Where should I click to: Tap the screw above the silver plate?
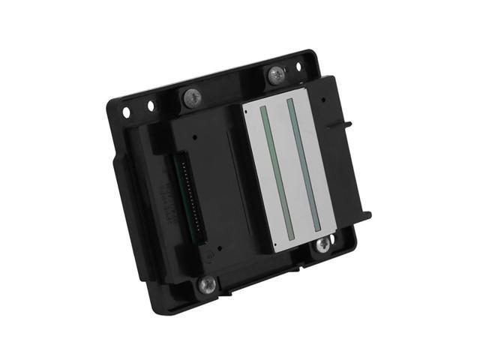tap(276, 74)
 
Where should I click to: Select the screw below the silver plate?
tap(322, 243)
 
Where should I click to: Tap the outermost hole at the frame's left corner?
tap(126, 112)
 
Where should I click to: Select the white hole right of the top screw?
tap(298, 67)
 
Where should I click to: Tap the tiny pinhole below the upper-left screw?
tap(194, 138)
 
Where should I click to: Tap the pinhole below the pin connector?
tap(220, 250)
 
